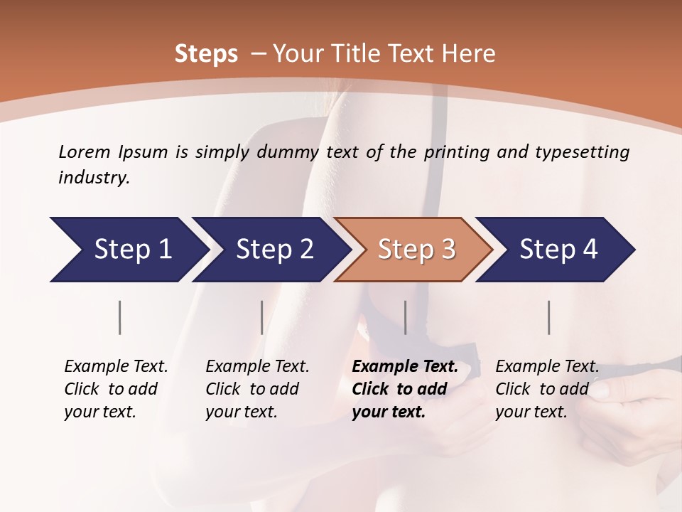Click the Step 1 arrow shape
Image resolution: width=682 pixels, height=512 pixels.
(128, 250)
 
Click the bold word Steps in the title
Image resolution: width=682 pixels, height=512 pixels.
(206, 54)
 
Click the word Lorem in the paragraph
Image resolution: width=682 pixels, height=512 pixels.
(85, 151)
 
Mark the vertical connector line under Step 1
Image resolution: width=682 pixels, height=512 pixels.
(120, 317)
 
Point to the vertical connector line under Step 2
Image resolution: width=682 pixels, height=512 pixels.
(262, 317)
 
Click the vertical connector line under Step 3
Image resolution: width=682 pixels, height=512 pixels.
(406, 317)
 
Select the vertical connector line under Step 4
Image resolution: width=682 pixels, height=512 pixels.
(549, 317)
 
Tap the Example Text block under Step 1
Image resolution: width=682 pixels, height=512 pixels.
(116, 389)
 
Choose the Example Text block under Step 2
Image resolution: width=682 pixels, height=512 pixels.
(257, 389)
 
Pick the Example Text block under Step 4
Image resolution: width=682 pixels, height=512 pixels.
(547, 389)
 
